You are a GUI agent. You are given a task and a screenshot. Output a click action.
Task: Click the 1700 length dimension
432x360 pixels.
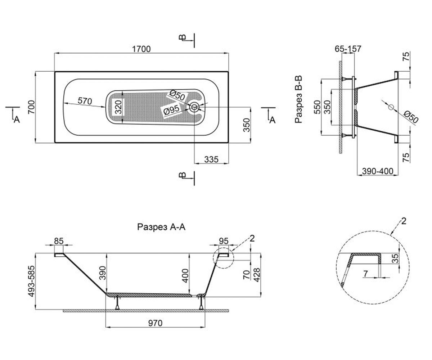[x=141, y=49]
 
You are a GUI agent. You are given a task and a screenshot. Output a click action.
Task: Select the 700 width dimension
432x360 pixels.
[x=31, y=107]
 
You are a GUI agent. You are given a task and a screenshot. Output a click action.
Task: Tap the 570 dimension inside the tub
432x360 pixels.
[x=85, y=101]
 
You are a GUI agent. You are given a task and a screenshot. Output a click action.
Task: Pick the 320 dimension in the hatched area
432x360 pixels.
[x=118, y=107]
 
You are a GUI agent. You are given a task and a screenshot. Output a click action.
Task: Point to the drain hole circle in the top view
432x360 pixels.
[x=194, y=107]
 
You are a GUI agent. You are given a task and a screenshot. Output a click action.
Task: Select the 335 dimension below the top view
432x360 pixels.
[x=211, y=159]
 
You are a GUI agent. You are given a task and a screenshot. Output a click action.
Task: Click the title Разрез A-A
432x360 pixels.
[x=161, y=227]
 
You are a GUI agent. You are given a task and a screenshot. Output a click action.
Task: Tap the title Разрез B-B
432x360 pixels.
[x=298, y=99]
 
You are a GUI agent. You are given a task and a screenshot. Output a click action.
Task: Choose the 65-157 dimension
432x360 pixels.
[x=348, y=49]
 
